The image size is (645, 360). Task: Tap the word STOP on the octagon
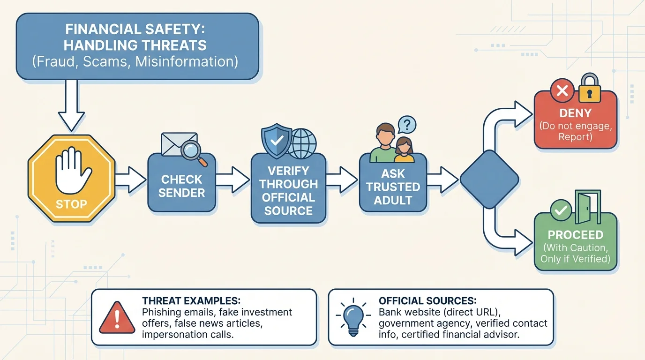point(71,204)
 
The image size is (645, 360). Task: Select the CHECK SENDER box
point(181,186)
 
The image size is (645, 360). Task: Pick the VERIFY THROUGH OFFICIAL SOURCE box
point(288,190)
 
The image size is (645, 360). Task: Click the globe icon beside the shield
point(301,143)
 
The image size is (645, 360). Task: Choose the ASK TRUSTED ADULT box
point(393,187)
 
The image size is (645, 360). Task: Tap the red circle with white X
point(562,90)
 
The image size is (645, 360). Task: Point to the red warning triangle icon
point(117,316)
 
